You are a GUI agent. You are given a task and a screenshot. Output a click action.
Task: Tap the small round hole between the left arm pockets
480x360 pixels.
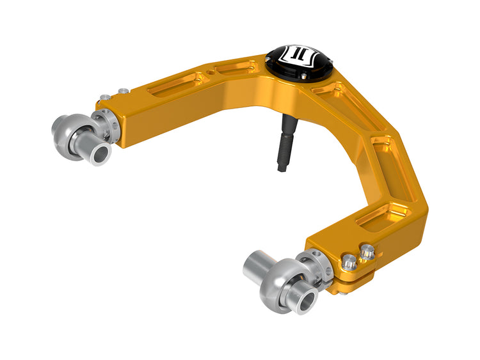[203, 79]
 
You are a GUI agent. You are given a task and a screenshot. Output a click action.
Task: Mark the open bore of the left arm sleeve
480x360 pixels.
[100, 156]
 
